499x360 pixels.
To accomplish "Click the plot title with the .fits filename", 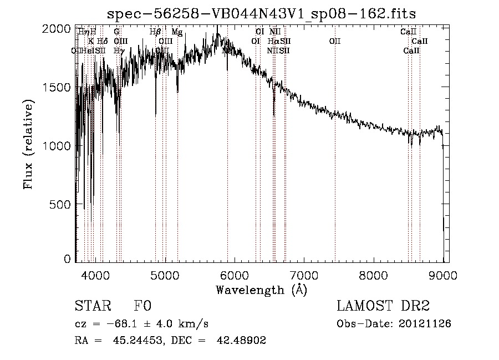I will (x=261, y=13).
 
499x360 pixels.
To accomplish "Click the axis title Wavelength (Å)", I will (x=261, y=290).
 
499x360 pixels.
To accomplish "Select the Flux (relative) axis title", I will (x=28, y=144).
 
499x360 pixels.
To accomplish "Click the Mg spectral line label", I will (x=176, y=32).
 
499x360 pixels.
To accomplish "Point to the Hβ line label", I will (x=155, y=32).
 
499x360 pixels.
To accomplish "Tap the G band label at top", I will (x=116, y=32).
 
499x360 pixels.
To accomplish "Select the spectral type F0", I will (x=142, y=306).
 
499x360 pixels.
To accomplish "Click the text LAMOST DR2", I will (x=383, y=306).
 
